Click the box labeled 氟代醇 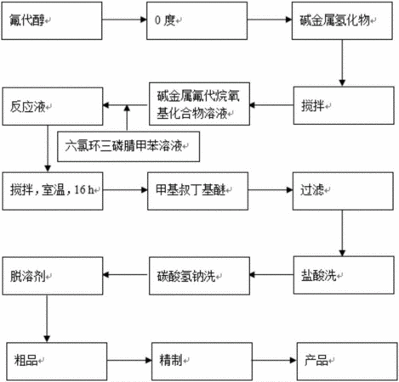[x=52, y=20]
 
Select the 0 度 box [x=197, y=20]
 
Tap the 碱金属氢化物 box [x=342, y=20]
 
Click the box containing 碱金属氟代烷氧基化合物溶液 [x=199, y=104]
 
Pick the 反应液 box [x=53, y=106]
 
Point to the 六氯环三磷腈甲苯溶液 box [x=128, y=147]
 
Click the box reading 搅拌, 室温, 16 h [x=53, y=191]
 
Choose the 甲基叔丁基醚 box [x=197, y=191]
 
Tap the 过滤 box [x=343, y=191]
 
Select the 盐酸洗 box [x=344, y=275]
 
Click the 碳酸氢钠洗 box [x=199, y=276]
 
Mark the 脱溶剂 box [x=53, y=276]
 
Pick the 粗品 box [x=57, y=362]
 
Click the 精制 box [x=202, y=362]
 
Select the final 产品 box [x=347, y=362]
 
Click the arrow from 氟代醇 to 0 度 [x=124, y=20]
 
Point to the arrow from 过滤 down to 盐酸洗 [x=342, y=233]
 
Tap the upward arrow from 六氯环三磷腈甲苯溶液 [x=127, y=118]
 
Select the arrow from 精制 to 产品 [x=275, y=360]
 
